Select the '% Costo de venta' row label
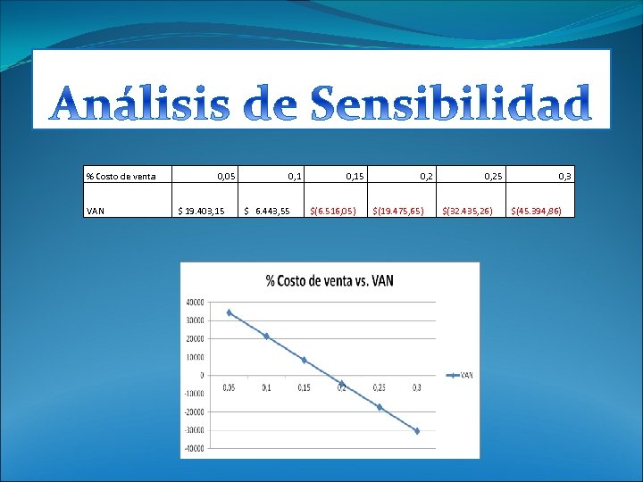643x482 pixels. [121, 177]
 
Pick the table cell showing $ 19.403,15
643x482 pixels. [201, 212]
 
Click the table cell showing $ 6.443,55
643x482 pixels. [267, 212]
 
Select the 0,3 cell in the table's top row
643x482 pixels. [565, 177]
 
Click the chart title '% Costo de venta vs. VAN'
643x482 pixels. [330, 280]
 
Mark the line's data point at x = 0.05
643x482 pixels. [229, 312]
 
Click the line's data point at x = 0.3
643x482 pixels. [416, 431]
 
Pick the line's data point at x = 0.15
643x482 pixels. [304, 360]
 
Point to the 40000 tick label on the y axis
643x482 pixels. [194, 302]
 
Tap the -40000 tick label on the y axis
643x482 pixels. [192, 448]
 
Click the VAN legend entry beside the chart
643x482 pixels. [461, 376]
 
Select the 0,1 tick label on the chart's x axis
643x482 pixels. [266, 387]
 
